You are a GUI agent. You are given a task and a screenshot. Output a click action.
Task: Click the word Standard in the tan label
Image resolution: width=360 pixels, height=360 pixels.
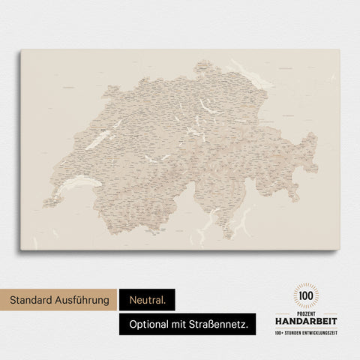pyautogui.click(x=32, y=300)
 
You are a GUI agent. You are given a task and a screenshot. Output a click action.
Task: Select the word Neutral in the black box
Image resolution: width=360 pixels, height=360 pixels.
pyautogui.click(x=146, y=300)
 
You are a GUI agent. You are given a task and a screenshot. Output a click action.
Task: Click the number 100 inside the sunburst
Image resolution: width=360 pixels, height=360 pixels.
pyautogui.click(x=306, y=296)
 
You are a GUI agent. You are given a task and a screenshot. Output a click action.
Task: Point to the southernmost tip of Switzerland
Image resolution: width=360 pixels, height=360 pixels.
pyautogui.click(x=227, y=238)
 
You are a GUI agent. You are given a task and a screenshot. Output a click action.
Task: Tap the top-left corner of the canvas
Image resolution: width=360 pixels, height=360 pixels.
pyautogui.click(x=21, y=49)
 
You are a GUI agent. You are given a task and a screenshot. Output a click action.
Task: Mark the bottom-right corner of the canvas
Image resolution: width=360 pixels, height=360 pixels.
pyautogui.click(x=339, y=250)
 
